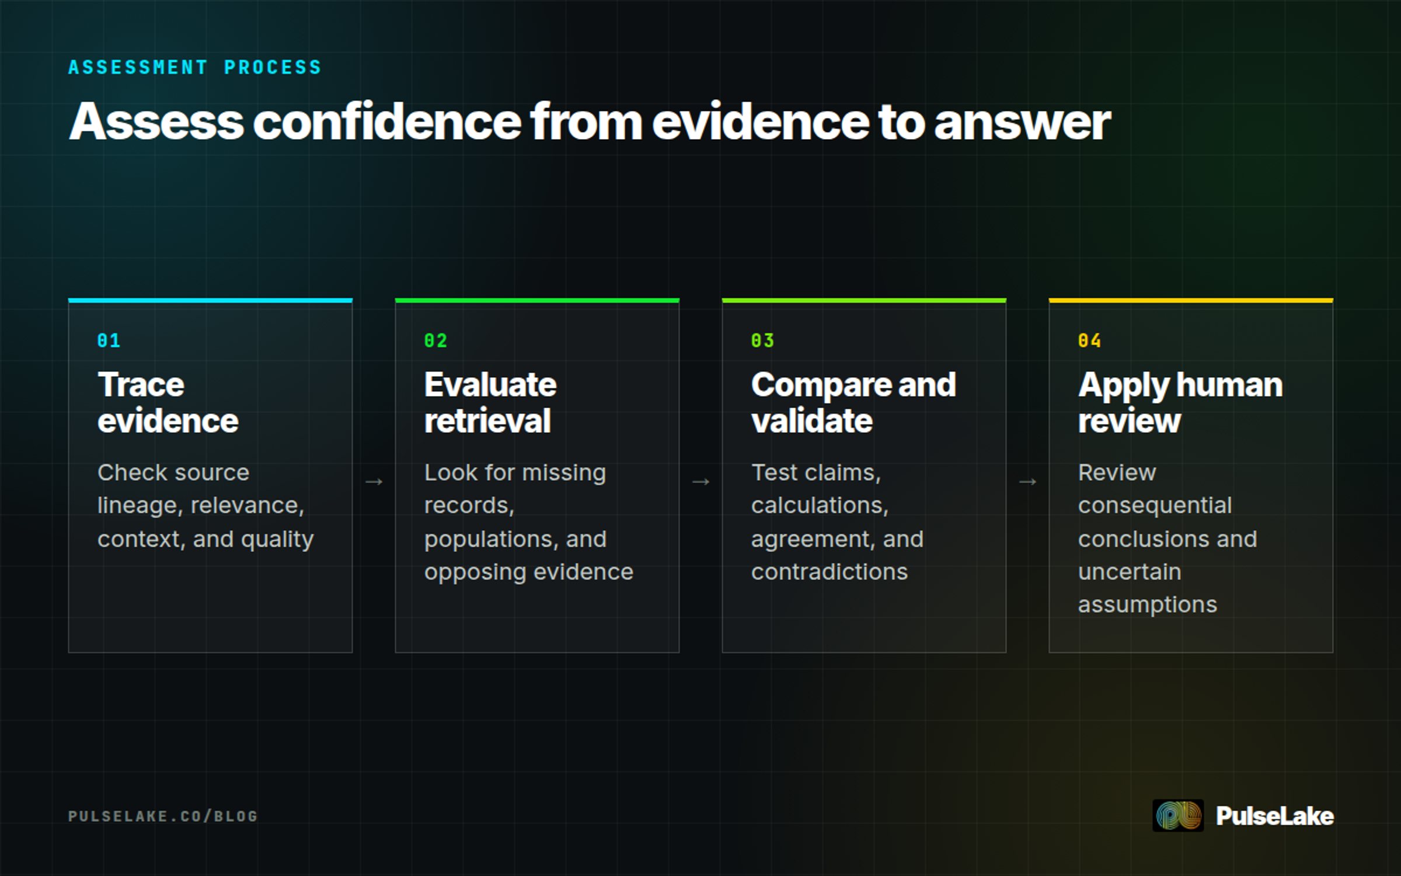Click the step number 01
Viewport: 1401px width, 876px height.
pos(109,340)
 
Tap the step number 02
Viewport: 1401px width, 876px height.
pos(435,340)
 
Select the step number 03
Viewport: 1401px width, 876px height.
pos(762,340)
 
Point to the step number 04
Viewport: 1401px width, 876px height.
pos(1089,340)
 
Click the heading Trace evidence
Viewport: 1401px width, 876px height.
pos(168,402)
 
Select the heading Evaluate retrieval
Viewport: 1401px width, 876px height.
pos(490,402)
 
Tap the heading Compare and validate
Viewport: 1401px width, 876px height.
pos(853,402)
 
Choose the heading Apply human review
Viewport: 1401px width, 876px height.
pos(1180,402)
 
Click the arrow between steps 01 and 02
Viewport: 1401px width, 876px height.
pos(374,482)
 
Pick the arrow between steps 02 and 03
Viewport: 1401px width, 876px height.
pos(700,482)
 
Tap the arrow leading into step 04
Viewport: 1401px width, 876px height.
pos(1027,482)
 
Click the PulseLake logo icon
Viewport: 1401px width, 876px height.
pos(1178,815)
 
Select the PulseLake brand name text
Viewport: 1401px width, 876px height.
pos(1275,816)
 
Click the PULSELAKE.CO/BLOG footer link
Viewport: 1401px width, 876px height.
pos(163,816)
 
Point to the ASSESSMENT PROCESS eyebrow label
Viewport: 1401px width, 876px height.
pos(195,67)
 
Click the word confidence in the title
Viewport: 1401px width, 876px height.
pos(387,121)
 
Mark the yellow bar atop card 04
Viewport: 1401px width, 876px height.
pos(1191,301)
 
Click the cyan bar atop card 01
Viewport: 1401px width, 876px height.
pos(210,301)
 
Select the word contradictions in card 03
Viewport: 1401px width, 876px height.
pos(830,572)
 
